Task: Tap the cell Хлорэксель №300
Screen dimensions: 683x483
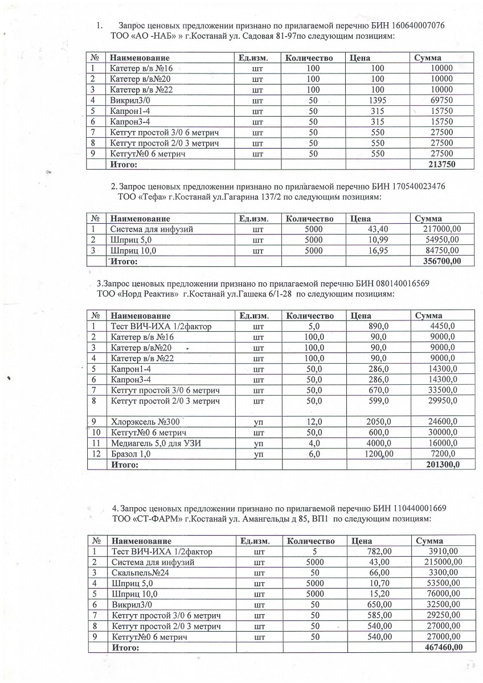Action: click(x=140, y=422)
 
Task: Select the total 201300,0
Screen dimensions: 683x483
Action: click(x=443, y=464)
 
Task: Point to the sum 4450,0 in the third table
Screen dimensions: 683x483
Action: click(x=443, y=326)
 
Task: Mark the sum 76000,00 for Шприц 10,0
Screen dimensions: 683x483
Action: click(x=443, y=594)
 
